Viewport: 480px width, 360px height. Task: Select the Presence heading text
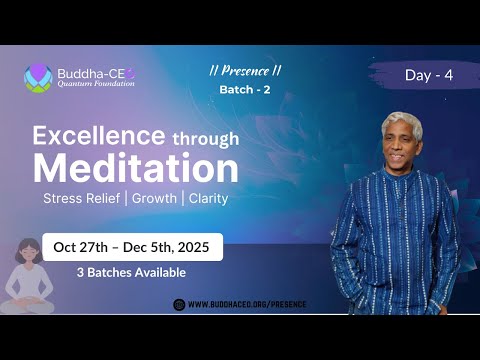point(245,71)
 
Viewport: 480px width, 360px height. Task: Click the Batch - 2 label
point(245,90)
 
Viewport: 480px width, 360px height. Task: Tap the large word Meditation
point(136,167)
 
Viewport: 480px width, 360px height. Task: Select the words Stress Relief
point(83,198)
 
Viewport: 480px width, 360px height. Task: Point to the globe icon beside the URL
point(179,304)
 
